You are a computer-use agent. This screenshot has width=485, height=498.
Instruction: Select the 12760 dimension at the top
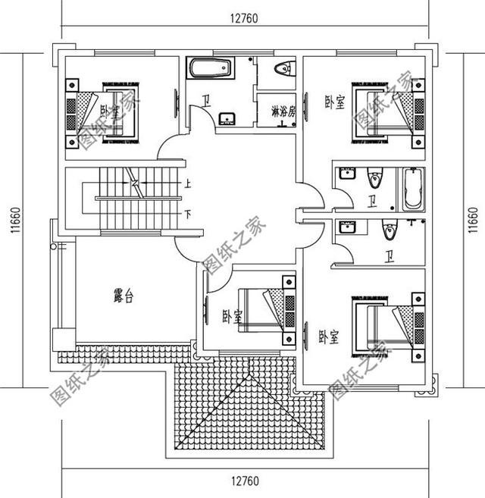(243, 20)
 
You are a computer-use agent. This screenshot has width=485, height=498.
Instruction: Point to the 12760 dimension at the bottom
(243, 482)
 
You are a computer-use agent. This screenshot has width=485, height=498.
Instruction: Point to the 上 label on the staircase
(187, 183)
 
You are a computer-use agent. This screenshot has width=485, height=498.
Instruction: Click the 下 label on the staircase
(187, 215)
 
